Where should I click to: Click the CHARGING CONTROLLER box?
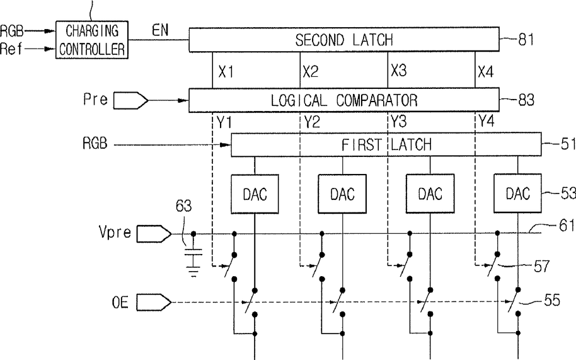(x=92, y=40)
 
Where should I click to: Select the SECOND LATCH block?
(x=344, y=39)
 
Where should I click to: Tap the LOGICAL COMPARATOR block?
(x=344, y=100)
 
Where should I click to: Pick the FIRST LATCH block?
(x=386, y=144)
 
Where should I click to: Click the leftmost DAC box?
(x=255, y=194)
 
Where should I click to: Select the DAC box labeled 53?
(x=517, y=193)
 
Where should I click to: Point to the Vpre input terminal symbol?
(x=154, y=234)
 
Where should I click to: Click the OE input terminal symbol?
(x=154, y=303)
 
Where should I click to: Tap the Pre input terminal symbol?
(x=130, y=100)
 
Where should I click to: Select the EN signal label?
(x=160, y=30)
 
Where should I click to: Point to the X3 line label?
(x=398, y=70)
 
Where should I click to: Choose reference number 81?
(x=526, y=39)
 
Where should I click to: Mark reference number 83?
(x=526, y=100)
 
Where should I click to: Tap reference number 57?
(x=541, y=266)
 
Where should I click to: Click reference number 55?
(x=552, y=301)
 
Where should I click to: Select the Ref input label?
(x=11, y=49)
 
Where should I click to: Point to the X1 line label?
(x=226, y=72)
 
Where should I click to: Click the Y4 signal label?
(x=487, y=120)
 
